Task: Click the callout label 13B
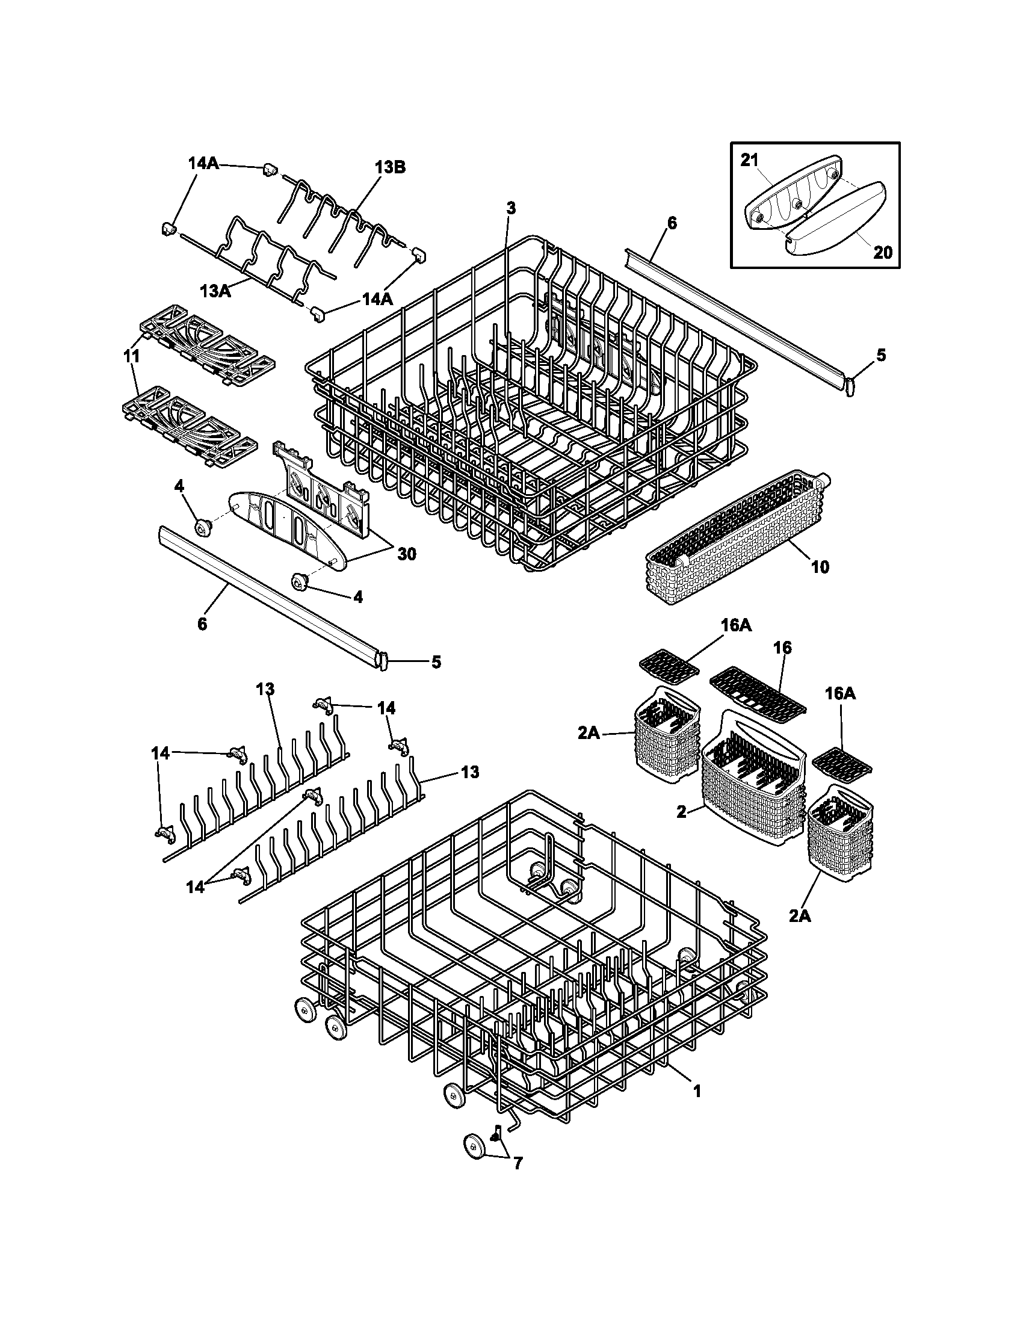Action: [390, 167]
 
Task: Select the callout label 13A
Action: [215, 291]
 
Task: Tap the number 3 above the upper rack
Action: [511, 209]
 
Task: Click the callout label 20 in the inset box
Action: [883, 252]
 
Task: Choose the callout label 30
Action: [407, 554]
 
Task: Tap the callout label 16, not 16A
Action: [782, 648]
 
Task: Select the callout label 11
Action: [131, 356]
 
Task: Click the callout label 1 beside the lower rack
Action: [697, 1091]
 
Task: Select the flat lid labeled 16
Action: [758, 690]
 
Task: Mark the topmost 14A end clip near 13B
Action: [270, 169]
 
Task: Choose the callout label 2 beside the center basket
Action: [682, 812]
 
